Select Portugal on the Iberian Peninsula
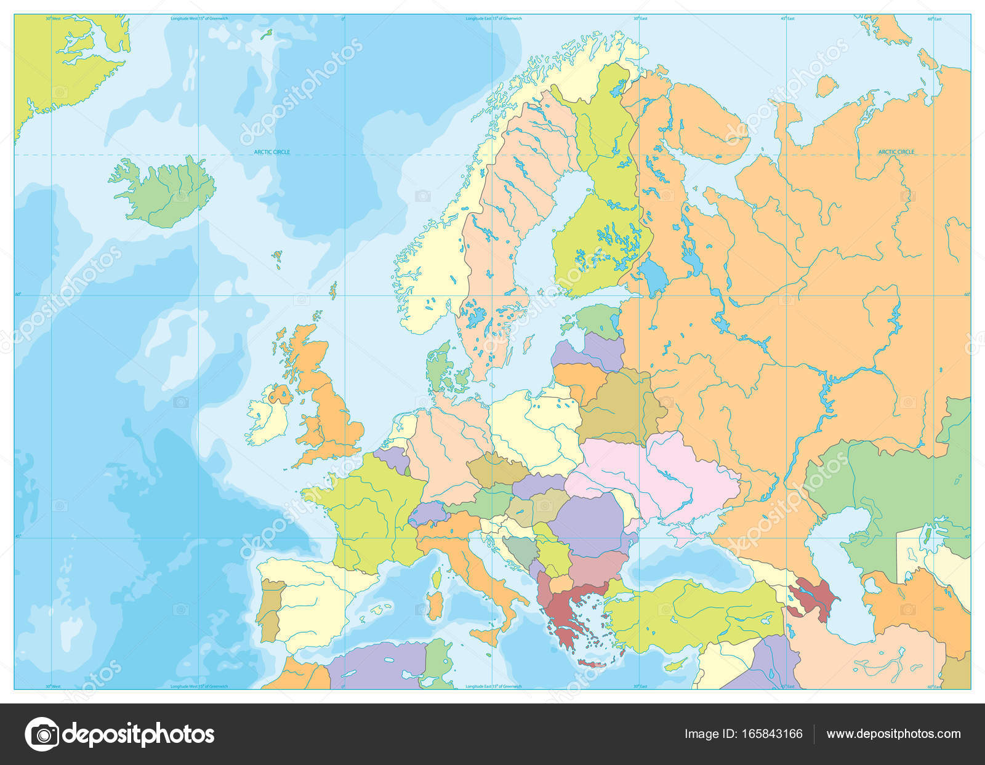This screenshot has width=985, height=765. [268, 609]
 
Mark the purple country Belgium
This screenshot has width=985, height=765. [392, 459]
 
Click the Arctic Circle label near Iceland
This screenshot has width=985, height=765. [272, 152]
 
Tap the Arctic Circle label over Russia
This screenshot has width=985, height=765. [896, 151]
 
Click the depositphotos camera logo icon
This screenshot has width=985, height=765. [42, 734]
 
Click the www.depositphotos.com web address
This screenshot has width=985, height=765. [893, 734]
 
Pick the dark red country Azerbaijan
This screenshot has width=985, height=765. [819, 594]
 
